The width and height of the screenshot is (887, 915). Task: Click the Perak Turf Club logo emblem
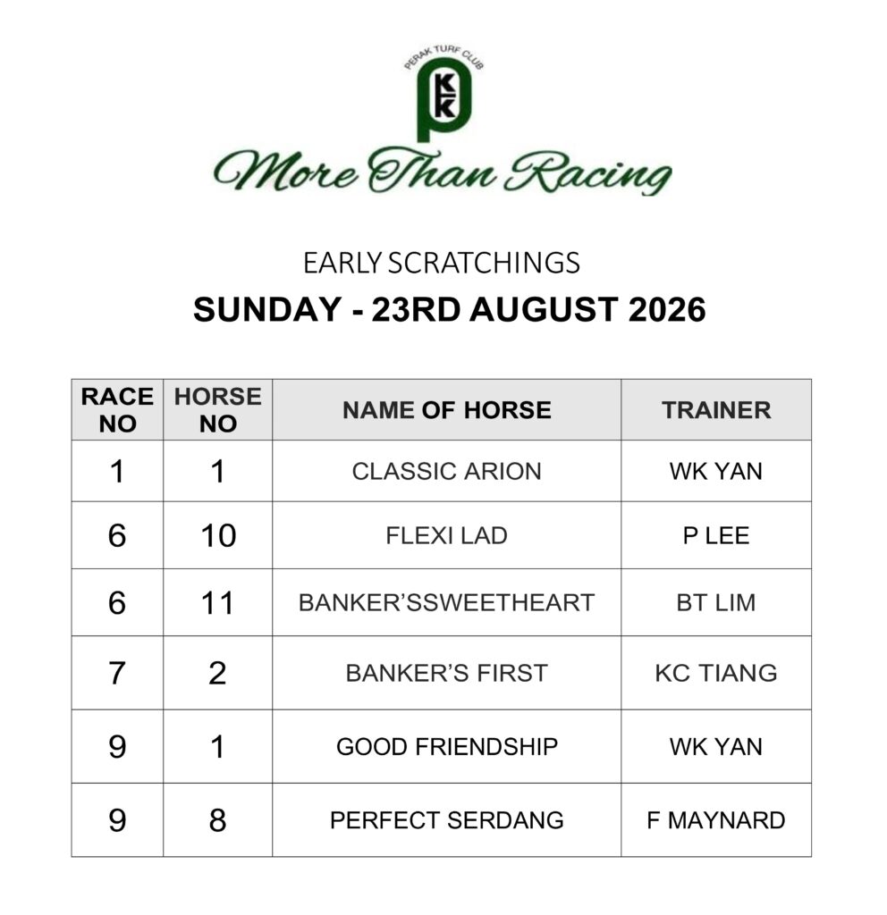click(x=443, y=93)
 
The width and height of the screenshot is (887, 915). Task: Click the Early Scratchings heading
click(x=442, y=263)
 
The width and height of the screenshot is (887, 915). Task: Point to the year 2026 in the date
click(x=667, y=309)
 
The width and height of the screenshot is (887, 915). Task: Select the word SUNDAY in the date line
click(x=266, y=309)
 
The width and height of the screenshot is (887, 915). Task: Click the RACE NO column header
click(x=117, y=409)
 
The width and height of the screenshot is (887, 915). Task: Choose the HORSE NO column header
click(x=218, y=409)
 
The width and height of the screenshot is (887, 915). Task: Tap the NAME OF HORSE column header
click(x=447, y=409)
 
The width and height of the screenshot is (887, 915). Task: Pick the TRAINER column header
click(x=716, y=409)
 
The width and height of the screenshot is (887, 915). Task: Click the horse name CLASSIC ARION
click(x=447, y=471)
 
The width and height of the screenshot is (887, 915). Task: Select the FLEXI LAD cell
click(x=447, y=535)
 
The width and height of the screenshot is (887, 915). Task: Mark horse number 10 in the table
click(x=218, y=535)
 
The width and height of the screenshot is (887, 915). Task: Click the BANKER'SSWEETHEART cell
click(x=447, y=602)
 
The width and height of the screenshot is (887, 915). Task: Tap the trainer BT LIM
click(x=716, y=602)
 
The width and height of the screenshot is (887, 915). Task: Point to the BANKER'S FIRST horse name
click(x=447, y=673)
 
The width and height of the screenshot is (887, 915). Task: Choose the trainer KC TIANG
click(x=716, y=673)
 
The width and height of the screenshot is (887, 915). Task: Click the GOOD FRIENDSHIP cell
click(x=447, y=746)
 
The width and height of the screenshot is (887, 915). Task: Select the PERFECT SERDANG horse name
click(x=447, y=820)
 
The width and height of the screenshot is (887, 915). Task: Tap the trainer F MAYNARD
click(x=716, y=820)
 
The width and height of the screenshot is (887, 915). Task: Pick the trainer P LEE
click(x=716, y=535)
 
